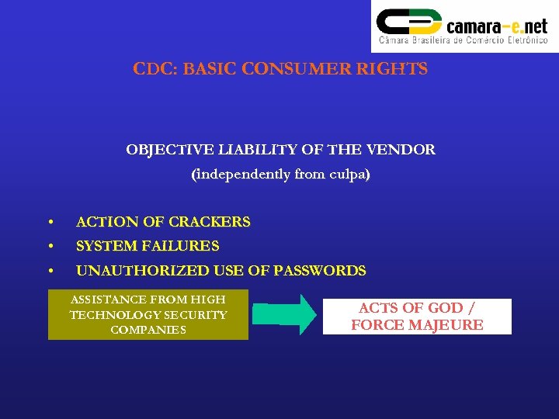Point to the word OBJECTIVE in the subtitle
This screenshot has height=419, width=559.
[x=162, y=149]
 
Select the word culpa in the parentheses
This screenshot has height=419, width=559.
[x=346, y=175]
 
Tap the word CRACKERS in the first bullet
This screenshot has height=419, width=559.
[x=210, y=222]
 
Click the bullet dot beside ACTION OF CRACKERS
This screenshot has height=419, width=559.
[x=50, y=223]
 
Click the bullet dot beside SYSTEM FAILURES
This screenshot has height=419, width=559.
[x=50, y=247]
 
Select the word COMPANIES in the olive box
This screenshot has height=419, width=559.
[x=148, y=330]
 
